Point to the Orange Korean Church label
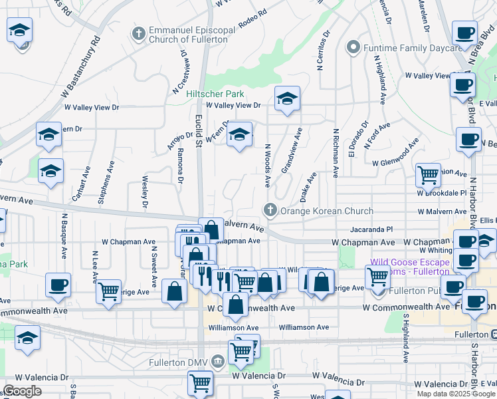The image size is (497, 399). click(328, 211)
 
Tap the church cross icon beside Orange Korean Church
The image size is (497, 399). click(270, 211)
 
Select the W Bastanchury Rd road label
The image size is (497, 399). click(84, 60)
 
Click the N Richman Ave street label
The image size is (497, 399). click(336, 152)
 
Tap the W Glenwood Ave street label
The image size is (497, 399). click(397, 162)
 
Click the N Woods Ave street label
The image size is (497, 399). click(268, 165)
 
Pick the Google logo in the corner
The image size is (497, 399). click(23, 391)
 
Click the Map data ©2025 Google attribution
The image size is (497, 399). click(455, 394)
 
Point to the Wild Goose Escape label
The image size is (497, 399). click(410, 262)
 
